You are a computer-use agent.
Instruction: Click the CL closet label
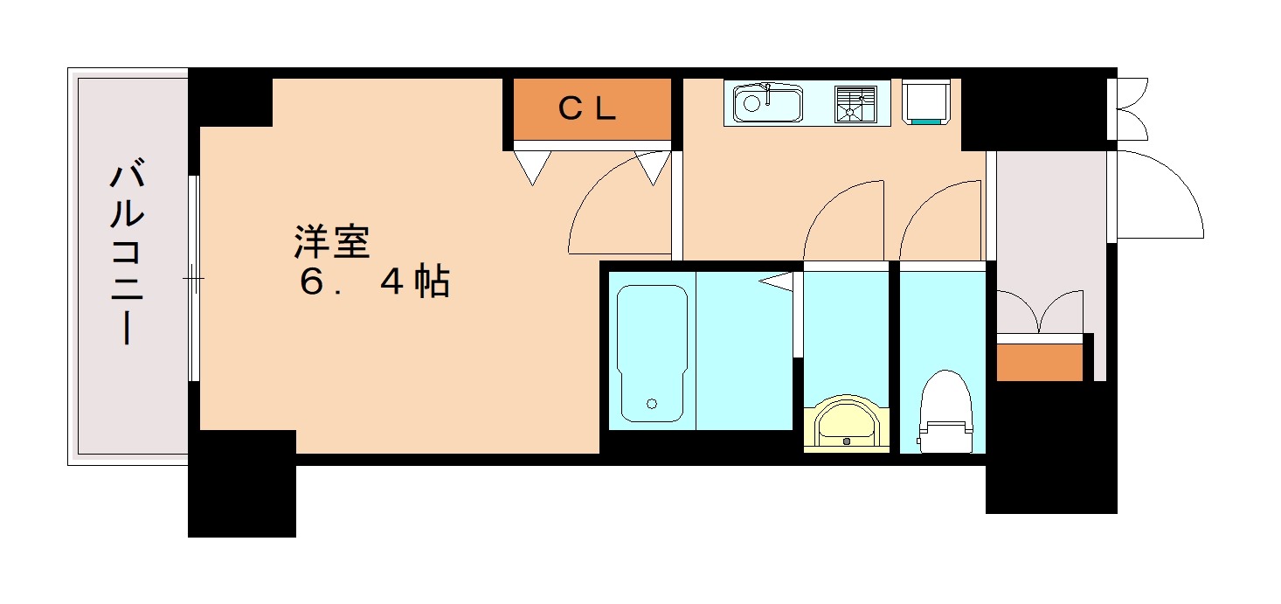(x=588, y=109)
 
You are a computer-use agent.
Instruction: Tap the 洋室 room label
(x=332, y=243)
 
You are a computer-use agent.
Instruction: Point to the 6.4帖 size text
(x=375, y=282)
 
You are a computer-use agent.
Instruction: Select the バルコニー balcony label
(x=127, y=253)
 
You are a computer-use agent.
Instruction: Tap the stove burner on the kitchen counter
(x=855, y=104)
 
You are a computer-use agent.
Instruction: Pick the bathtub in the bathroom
(x=652, y=354)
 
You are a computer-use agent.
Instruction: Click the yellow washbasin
(x=846, y=425)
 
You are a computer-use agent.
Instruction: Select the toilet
(x=945, y=411)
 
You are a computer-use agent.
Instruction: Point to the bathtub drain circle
(x=651, y=404)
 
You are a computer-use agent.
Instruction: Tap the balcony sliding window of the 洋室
(x=193, y=279)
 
